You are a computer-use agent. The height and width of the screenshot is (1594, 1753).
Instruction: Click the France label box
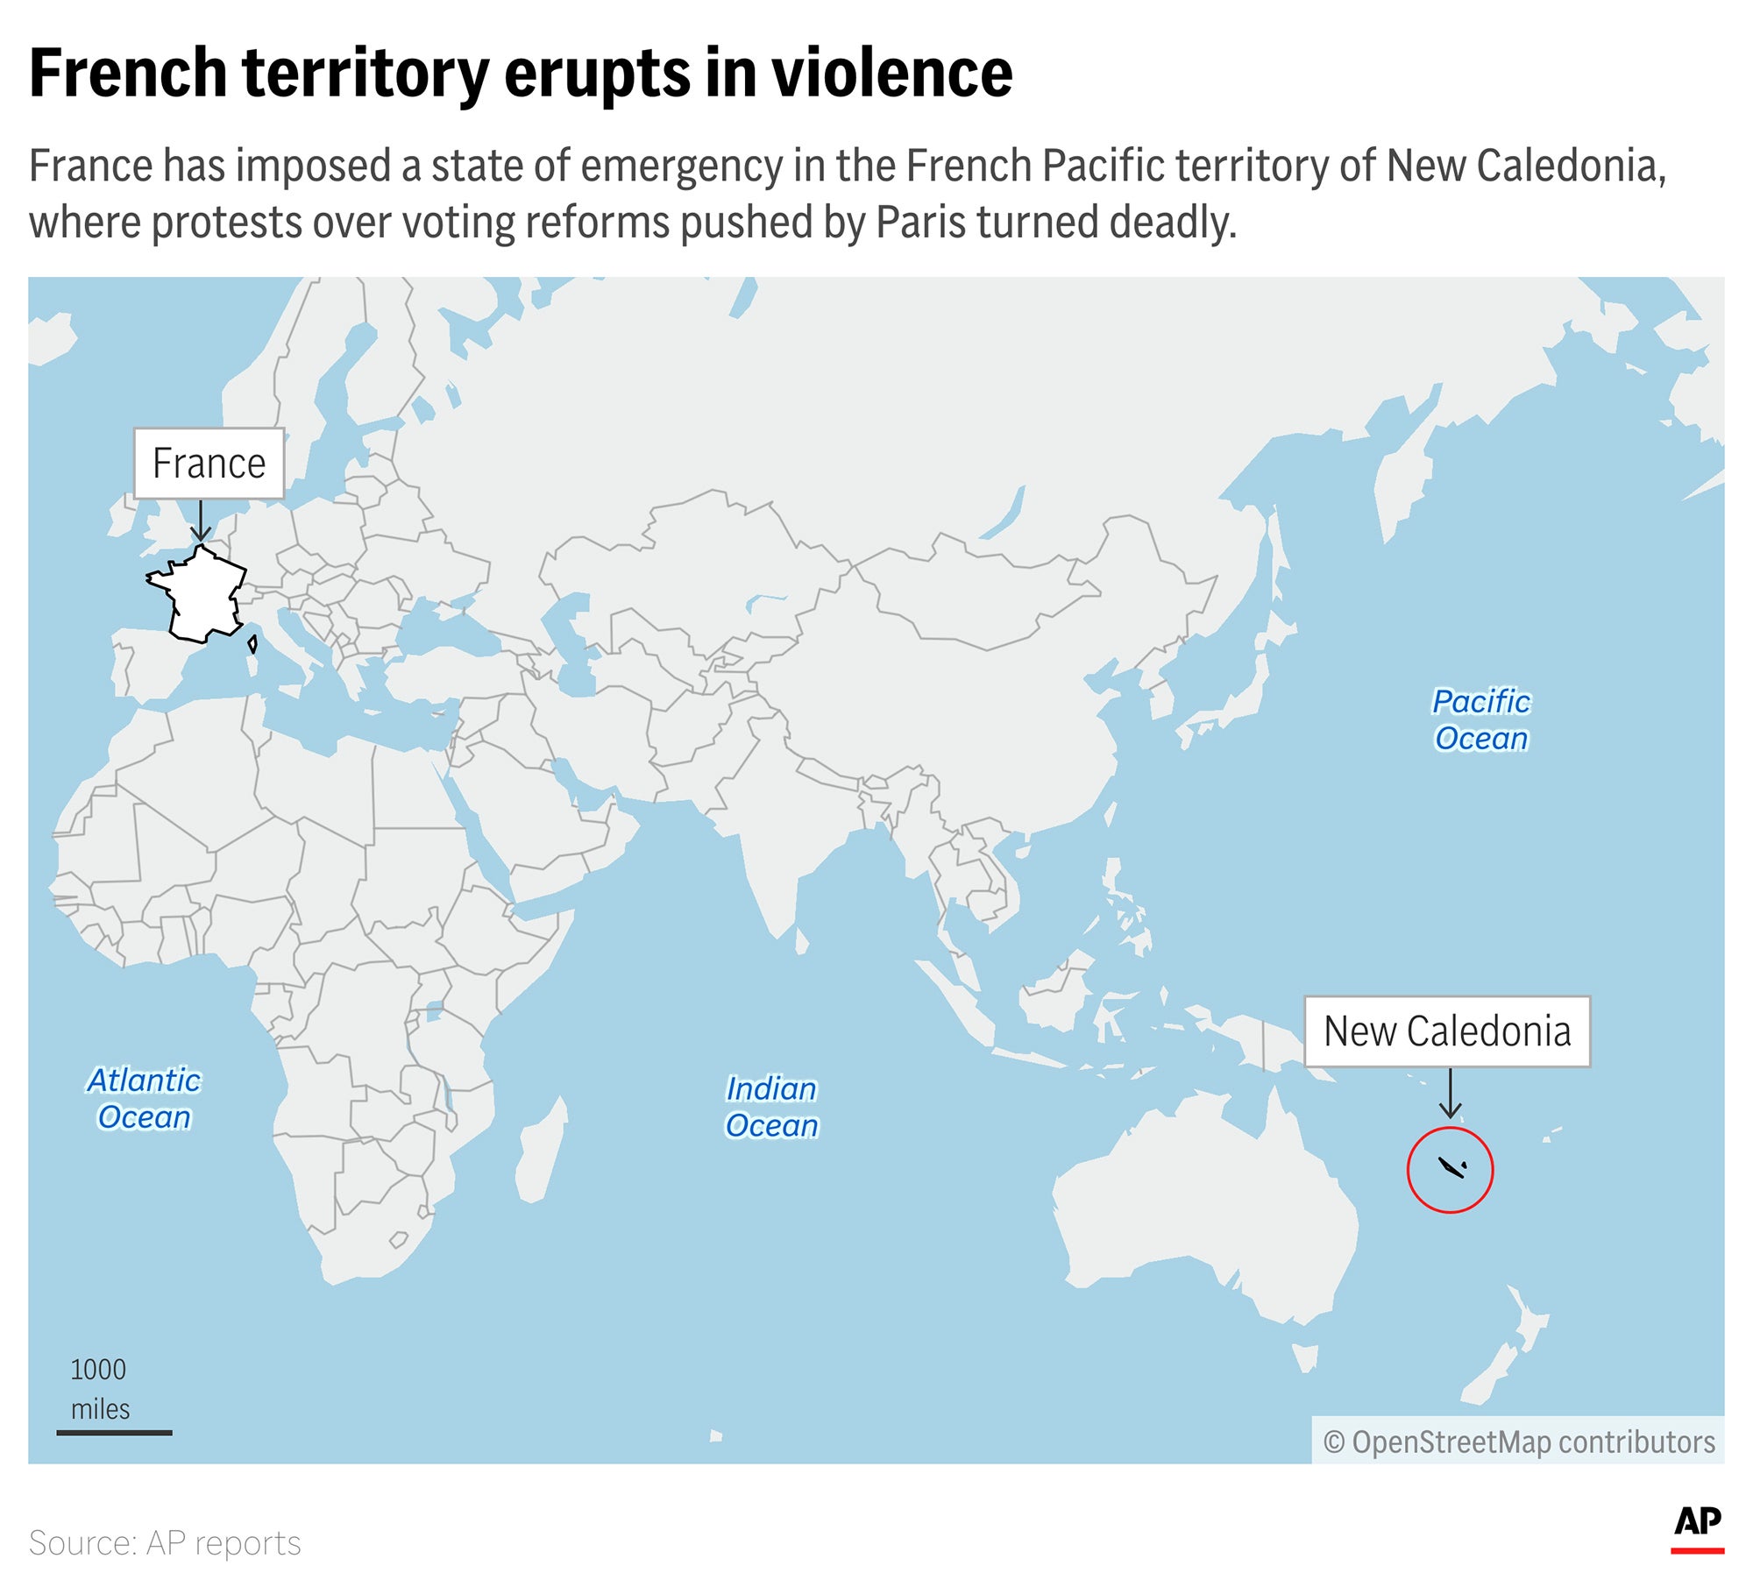[x=209, y=464]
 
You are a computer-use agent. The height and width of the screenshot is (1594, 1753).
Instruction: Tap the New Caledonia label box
[x=1447, y=1031]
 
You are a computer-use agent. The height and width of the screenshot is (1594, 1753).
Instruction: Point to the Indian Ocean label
[x=771, y=1108]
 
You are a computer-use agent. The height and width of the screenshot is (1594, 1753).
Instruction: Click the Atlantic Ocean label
[x=144, y=1099]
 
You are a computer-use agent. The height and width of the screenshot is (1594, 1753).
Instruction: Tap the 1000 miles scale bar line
[x=114, y=1433]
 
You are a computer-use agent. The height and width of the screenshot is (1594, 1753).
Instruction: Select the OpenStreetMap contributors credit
[x=1519, y=1442]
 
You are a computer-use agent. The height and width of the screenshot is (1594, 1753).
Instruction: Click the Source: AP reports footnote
[x=165, y=1543]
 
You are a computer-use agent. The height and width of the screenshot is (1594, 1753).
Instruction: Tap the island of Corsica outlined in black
[x=253, y=645]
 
